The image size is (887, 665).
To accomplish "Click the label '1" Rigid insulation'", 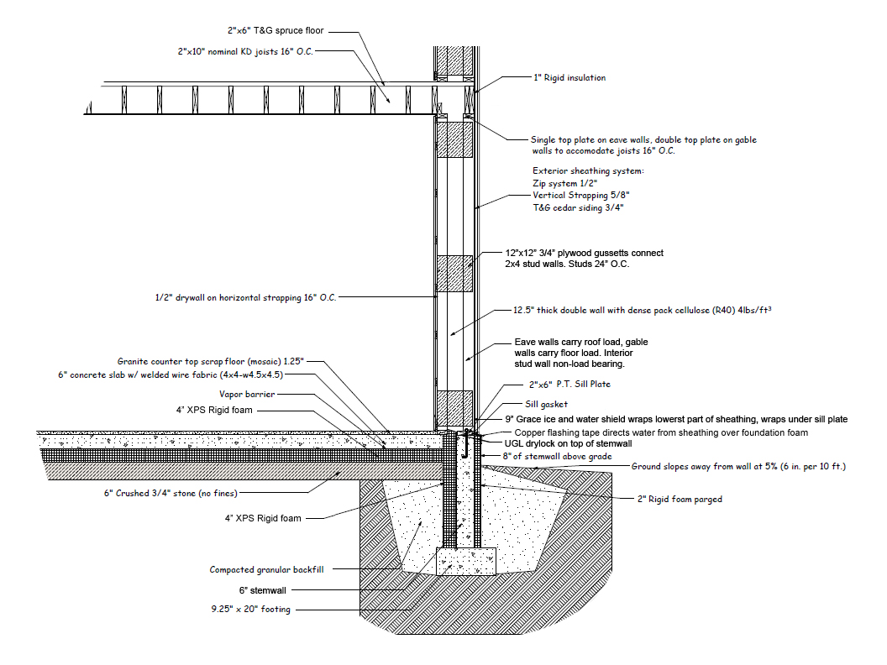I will [x=569, y=78].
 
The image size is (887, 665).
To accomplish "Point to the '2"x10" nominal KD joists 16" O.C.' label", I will [x=246, y=51].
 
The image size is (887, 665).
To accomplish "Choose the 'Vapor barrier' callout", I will [x=247, y=393].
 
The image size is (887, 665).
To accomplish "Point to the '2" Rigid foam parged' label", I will [x=679, y=499].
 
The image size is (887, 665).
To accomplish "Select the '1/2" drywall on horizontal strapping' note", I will [x=245, y=297].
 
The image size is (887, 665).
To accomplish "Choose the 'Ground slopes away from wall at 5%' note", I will [x=738, y=466].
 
